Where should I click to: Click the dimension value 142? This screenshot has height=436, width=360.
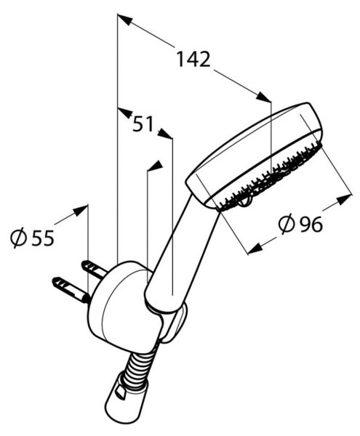[x=193, y=60]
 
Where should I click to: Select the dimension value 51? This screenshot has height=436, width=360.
[x=143, y=124]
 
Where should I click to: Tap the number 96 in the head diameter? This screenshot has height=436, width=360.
[x=311, y=224]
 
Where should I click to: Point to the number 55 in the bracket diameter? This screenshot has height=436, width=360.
[x=43, y=238]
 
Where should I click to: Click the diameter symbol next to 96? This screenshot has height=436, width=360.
[x=287, y=224]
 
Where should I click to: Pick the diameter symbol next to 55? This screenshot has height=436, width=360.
[x=19, y=238]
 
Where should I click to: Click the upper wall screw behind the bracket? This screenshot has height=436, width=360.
[x=94, y=269]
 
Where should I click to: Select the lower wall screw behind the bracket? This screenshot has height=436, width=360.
[x=71, y=290]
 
